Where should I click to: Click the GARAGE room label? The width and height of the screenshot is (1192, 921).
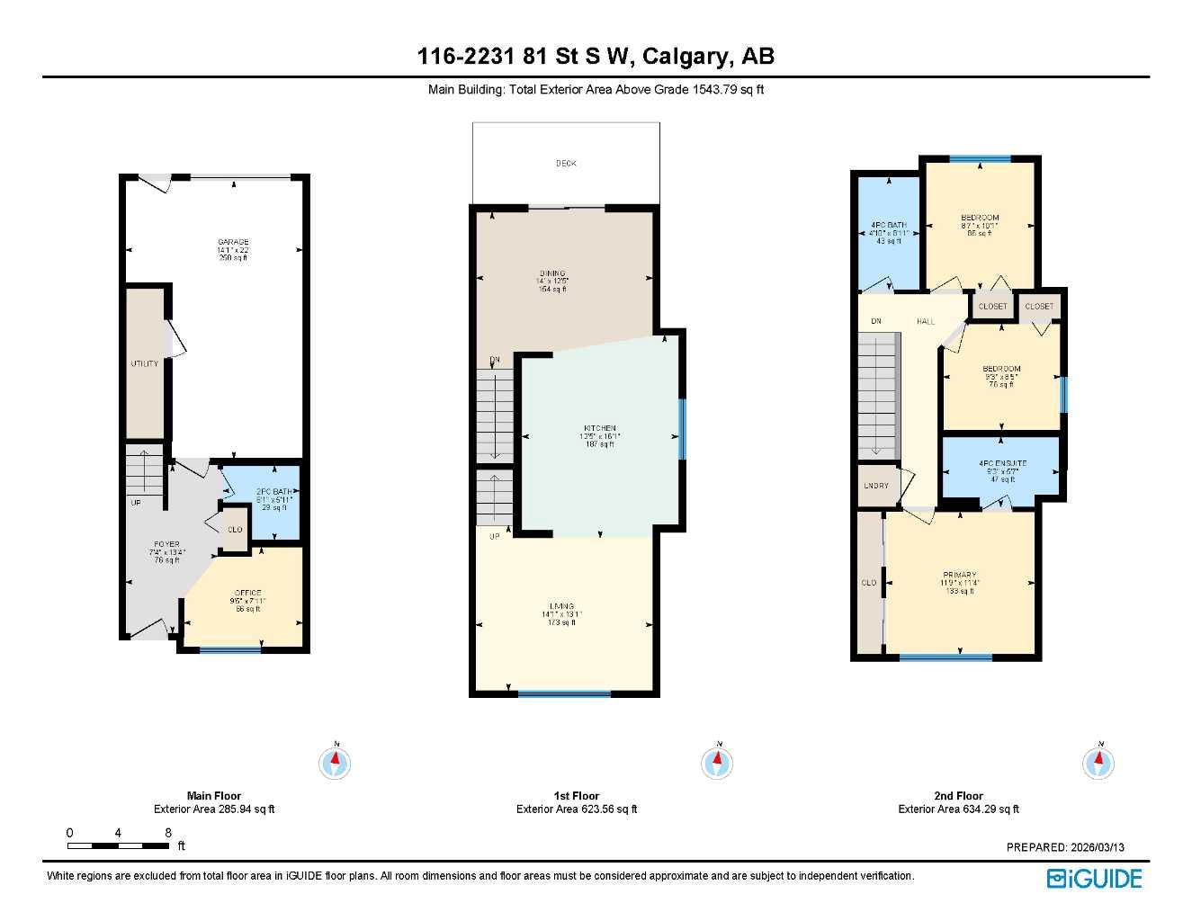(x=233, y=242)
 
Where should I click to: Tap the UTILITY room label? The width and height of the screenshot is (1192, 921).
(x=144, y=363)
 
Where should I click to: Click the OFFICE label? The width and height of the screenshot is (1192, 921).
(x=247, y=593)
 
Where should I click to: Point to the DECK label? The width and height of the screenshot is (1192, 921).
(x=566, y=164)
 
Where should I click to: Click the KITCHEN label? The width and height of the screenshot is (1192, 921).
(x=600, y=428)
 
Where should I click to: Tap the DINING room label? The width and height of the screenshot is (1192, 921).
(x=552, y=273)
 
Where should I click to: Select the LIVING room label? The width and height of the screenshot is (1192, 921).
(x=561, y=606)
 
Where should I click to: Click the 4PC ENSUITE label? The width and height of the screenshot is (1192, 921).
(x=1002, y=464)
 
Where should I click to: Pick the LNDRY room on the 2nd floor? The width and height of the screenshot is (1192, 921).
(x=876, y=486)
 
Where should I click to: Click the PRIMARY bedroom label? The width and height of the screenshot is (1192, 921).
(x=960, y=575)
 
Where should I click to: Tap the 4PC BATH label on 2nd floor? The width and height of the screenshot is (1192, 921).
(x=888, y=225)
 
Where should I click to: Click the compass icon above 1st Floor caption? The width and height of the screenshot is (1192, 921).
(x=717, y=764)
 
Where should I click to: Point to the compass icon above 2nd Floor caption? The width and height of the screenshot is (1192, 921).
(x=1098, y=764)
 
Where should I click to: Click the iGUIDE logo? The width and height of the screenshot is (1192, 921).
(x=1094, y=879)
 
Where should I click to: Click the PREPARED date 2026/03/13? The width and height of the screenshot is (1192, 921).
(x=1065, y=847)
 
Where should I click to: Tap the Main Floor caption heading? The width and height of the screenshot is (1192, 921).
(x=214, y=796)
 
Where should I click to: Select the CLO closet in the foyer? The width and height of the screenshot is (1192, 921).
(x=235, y=530)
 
